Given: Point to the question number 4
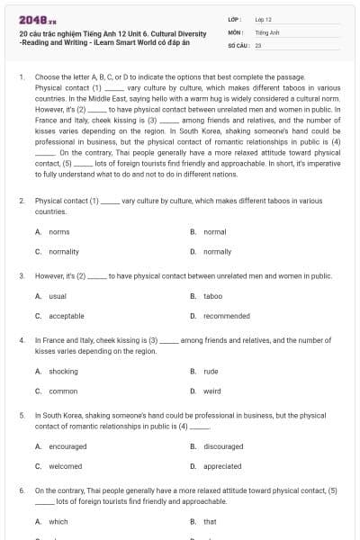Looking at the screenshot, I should point(22,341).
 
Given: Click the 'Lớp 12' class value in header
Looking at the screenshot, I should point(263,19).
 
